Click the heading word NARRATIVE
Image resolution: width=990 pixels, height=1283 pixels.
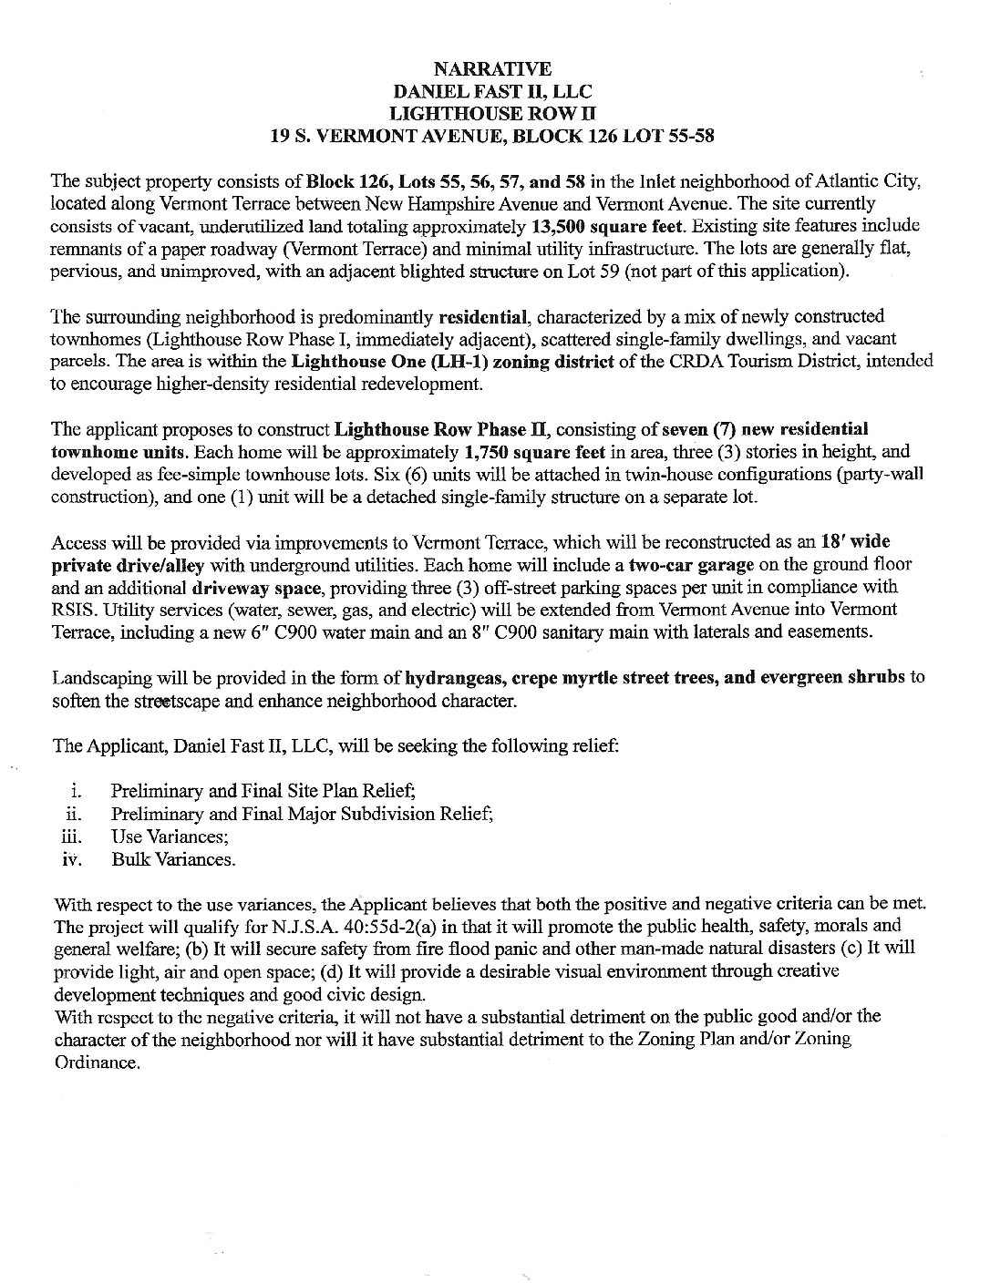coord(491,68)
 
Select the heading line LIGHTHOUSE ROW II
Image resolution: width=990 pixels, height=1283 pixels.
coord(491,114)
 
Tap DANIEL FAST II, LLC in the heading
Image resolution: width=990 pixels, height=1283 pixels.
coord(491,91)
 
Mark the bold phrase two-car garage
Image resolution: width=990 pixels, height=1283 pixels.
coord(691,565)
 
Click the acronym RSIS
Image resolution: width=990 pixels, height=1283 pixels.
coord(75,610)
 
